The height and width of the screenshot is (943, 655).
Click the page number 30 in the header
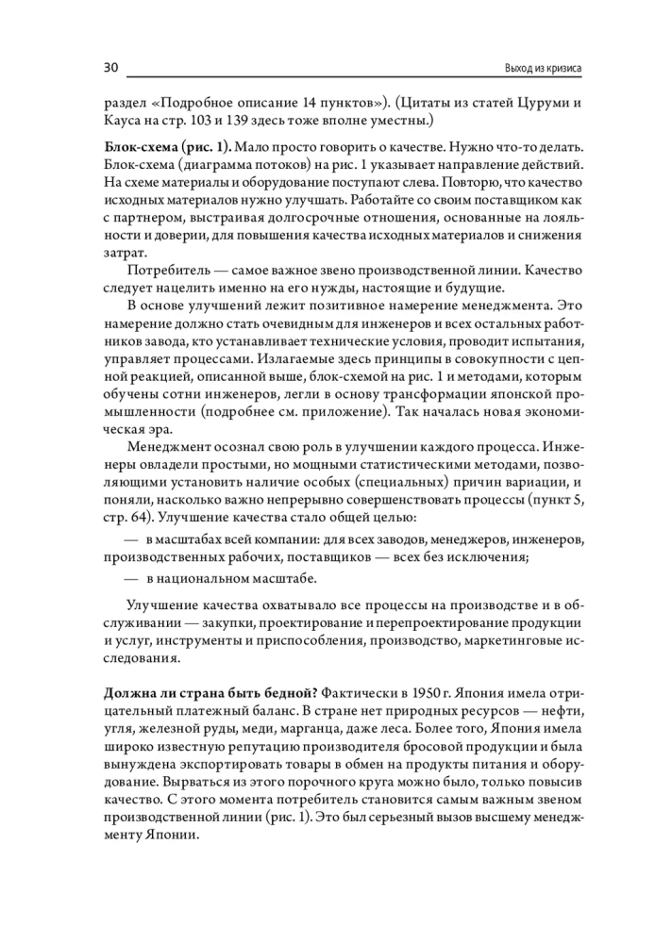(x=109, y=69)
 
